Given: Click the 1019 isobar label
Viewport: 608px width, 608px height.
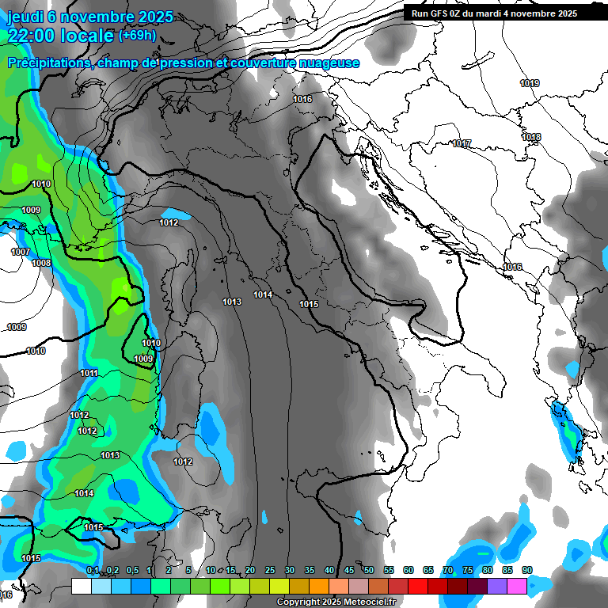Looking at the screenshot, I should [x=530, y=83].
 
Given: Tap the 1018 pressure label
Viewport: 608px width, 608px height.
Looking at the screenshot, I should [x=531, y=137].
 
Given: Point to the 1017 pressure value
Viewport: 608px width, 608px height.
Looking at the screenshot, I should [x=462, y=143].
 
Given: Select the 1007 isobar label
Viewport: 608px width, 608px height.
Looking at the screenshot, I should [x=21, y=252].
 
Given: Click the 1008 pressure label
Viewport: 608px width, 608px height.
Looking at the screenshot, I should [x=41, y=263].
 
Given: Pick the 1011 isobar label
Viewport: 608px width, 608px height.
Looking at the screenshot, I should [x=89, y=373].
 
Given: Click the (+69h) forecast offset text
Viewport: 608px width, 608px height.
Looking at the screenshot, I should [x=137, y=36].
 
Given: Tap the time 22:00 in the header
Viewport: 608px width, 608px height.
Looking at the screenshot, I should [x=31, y=36].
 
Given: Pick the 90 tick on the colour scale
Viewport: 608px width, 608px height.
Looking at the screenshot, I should [x=527, y=570].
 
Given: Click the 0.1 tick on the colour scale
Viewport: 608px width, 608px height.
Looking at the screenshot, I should [x=93, y=570].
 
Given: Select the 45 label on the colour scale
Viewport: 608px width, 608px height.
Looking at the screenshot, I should [x=349, y=570].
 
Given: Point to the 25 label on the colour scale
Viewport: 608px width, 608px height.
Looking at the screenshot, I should [x=270, y=570].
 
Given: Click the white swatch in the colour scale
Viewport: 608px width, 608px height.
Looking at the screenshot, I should [x=81, y=586].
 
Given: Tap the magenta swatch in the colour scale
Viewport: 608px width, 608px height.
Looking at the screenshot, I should [x=517, y=586].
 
